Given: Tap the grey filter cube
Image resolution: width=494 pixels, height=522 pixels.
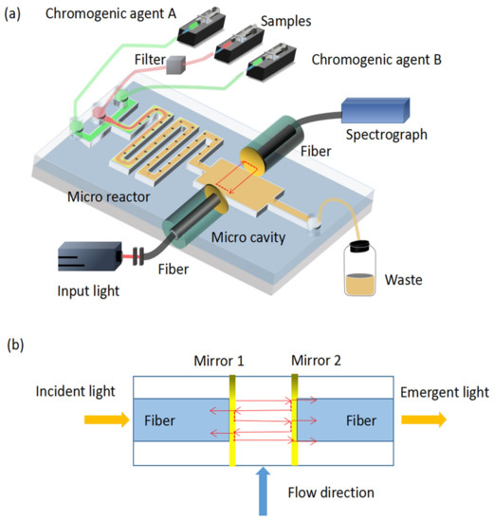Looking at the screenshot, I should [x=175, y=65].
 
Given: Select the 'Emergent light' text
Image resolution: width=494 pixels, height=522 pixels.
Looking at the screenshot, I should [x=445, y=391].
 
